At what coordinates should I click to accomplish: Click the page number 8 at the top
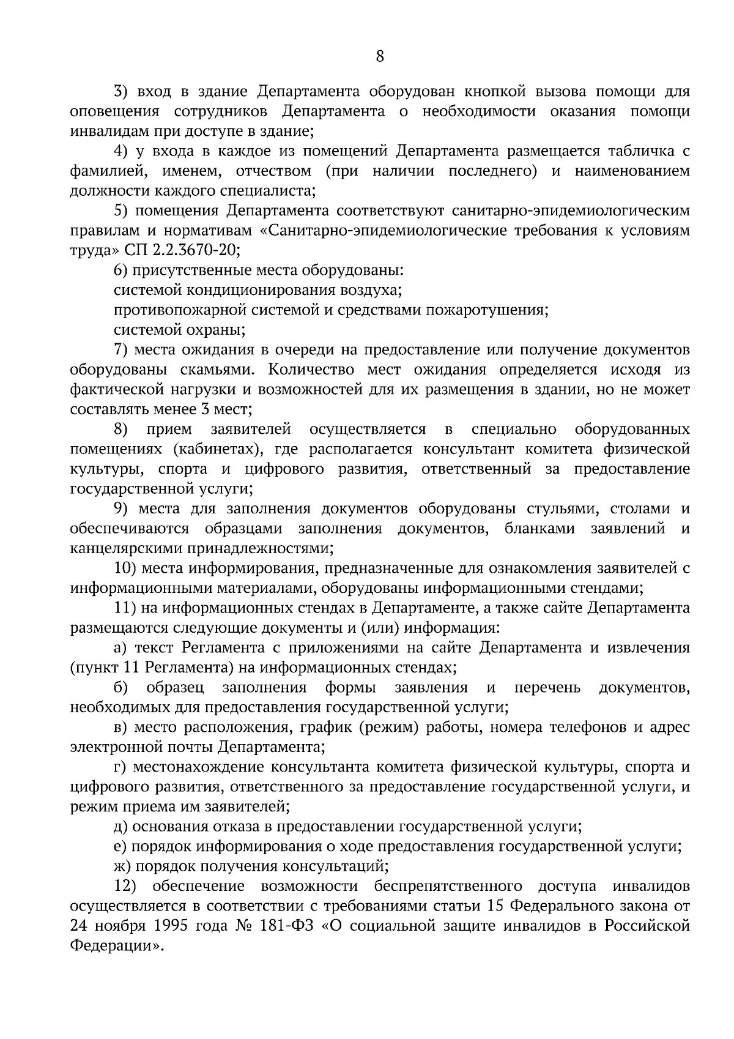click(x=379, y=57)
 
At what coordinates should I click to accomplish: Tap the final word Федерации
click(x=115, y=946)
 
